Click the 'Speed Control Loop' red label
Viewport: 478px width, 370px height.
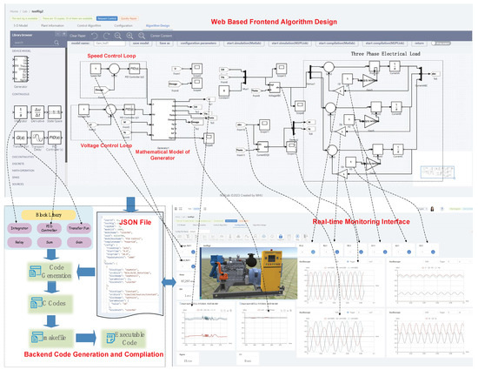tap(117, 55)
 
